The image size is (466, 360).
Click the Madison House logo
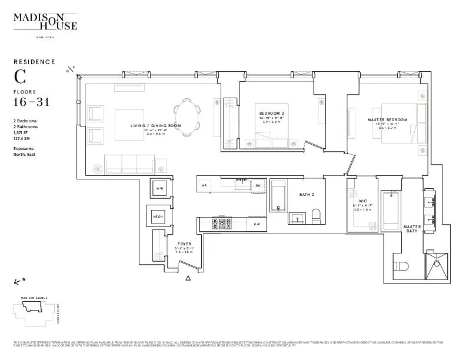coord(45,21)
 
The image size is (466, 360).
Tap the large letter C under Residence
coord(21,76)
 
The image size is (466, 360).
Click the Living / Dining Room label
coord(155,126)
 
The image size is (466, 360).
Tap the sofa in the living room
coord(129,164)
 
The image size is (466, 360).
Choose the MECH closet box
coord(158,216)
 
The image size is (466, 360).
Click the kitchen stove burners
coord(222,224)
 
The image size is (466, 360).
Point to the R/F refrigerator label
coord(257,225)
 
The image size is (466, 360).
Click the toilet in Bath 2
coord(315,216)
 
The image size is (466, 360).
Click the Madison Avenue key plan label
coord(34,298)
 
